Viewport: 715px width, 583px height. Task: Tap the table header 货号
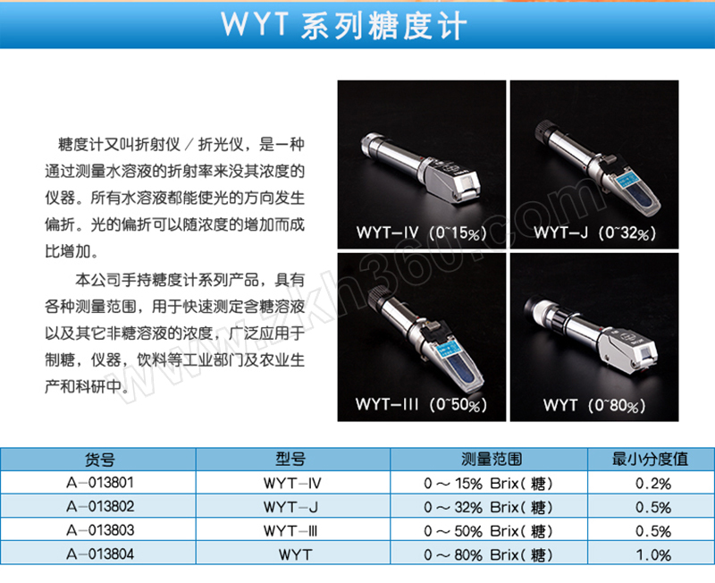(100, 460)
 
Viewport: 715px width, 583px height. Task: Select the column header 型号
(290, 459)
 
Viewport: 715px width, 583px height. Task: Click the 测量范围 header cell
(491, 459)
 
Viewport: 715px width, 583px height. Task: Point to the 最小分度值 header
(650, 459)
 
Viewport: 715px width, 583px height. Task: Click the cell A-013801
(100, 483)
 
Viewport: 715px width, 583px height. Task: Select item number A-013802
(100, 506)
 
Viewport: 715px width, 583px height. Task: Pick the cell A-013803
(100, 530)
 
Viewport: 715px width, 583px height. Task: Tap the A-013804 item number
(100, 554)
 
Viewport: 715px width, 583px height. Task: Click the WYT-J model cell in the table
(290, 507)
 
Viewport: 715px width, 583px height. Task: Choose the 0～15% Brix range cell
(488, 483)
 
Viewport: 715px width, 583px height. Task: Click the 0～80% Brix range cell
(488, 554)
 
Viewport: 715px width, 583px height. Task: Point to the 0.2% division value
(653, 484)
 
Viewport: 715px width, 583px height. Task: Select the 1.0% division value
(653, 555)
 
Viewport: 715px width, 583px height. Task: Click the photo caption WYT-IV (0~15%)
(421, 232)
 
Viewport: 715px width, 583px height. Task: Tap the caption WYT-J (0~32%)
(595, 232)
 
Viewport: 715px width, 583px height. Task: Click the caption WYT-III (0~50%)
(421, 405)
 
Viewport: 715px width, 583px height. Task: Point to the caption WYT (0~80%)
(594, 405)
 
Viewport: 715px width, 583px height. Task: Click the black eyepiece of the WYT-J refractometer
(545, 131)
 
